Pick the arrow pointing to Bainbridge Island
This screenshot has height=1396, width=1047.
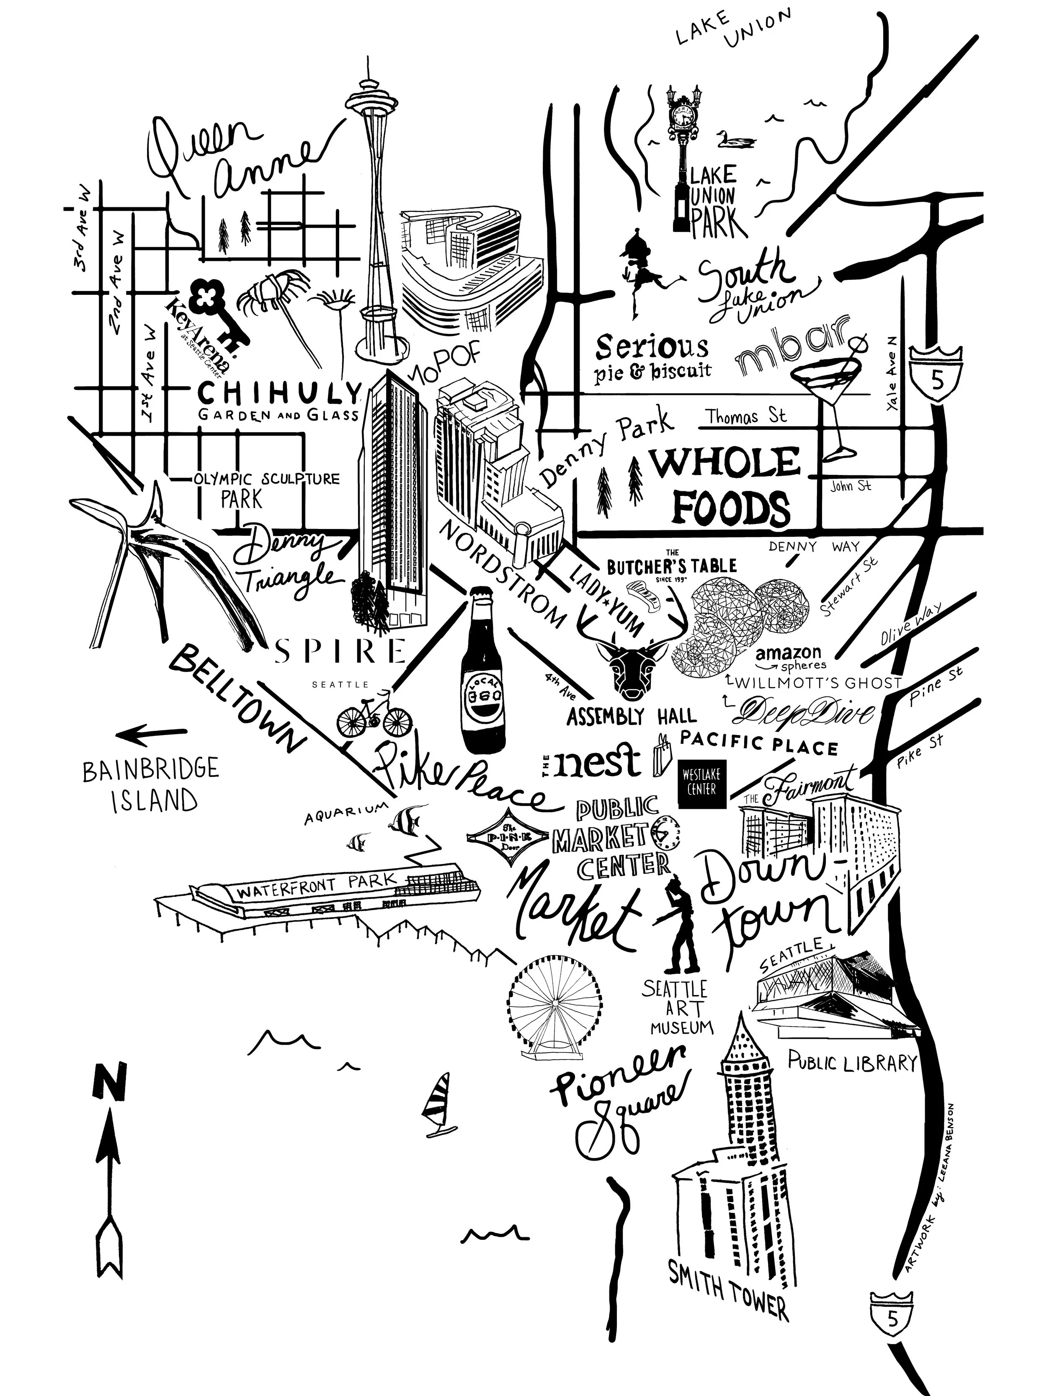pos(152,733)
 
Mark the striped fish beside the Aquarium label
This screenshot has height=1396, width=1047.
pos(404,821)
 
